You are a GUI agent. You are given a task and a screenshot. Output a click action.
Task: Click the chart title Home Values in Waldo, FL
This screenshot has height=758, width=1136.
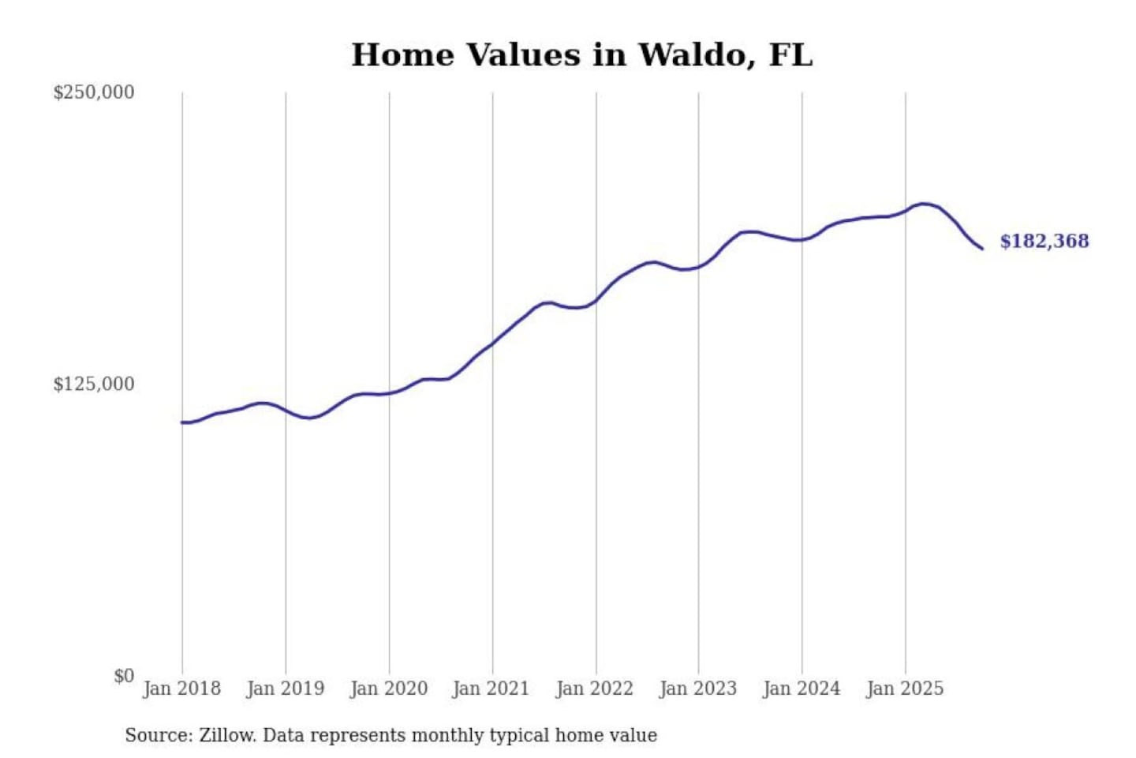(581, 55)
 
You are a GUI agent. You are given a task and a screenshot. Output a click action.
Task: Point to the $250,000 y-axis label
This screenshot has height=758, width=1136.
(93, 92)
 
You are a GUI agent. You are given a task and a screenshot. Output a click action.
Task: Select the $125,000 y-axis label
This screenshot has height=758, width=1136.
(93, 385)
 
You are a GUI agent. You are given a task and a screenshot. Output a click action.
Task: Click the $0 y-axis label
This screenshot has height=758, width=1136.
(124, 676)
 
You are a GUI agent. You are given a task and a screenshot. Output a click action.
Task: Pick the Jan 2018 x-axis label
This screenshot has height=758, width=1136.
(181, 689)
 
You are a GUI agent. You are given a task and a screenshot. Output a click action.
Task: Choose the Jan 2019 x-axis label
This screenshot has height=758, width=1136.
(285, 689)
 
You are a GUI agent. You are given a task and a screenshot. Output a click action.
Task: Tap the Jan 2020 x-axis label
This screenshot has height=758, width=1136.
(388, 689)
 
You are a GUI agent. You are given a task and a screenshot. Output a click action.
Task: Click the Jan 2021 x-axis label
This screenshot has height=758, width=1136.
(491, 689)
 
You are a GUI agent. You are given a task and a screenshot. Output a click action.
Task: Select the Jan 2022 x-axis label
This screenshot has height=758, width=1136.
(594, 689)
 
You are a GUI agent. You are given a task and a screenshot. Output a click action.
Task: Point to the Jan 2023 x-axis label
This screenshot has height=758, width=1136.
(697, 689)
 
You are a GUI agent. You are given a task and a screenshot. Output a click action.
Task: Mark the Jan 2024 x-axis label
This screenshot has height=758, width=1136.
(801, 689)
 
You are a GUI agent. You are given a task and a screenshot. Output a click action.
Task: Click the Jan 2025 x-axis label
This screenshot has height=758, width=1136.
(904, 689)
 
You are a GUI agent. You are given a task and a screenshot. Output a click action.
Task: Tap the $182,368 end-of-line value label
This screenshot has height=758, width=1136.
(1044, 242)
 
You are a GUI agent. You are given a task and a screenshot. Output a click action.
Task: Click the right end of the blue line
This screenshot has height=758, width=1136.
(982, 249)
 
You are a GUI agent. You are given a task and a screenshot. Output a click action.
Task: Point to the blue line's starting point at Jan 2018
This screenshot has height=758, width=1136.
(182, 422)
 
